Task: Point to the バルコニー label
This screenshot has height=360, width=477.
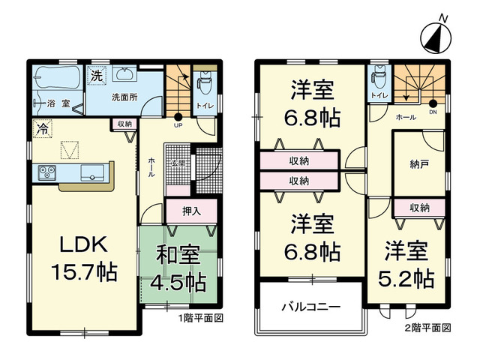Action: click(311, 307)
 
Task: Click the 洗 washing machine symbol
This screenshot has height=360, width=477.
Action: click(97, 75)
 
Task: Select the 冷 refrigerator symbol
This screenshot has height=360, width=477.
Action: click(43, 129)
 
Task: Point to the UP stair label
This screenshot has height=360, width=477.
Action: click(178, 124)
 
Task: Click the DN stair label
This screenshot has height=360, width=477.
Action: click(433, 112)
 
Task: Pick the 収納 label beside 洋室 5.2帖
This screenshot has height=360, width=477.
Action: click(419, 208)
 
